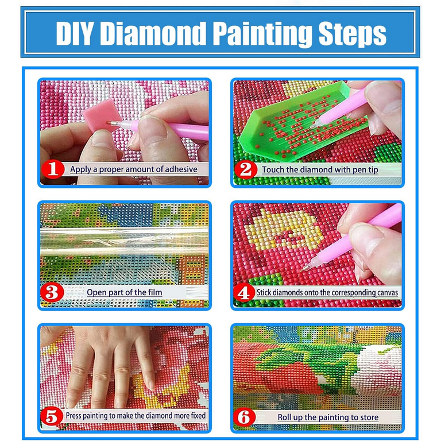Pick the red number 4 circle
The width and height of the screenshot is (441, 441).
[x=246, y=292]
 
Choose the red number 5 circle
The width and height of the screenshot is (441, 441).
[x=53, y=415]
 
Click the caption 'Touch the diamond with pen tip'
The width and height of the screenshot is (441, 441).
[x=320, y=169]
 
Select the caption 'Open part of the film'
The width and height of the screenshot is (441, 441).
[x=125, y=292]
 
